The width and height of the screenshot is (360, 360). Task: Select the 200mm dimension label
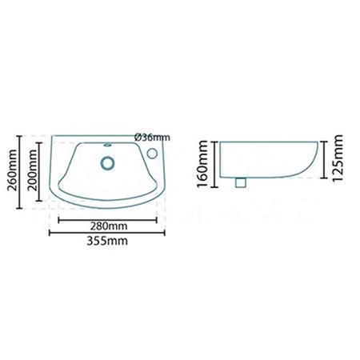[33, 169]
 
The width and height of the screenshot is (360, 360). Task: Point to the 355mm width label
[106, 240]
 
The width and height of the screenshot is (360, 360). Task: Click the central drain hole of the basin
[105, 162]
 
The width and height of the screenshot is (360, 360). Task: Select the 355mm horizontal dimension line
[72, 233]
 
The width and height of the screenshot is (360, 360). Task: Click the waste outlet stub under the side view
[240, 183]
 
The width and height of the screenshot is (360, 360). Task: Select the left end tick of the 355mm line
[49, 233]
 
